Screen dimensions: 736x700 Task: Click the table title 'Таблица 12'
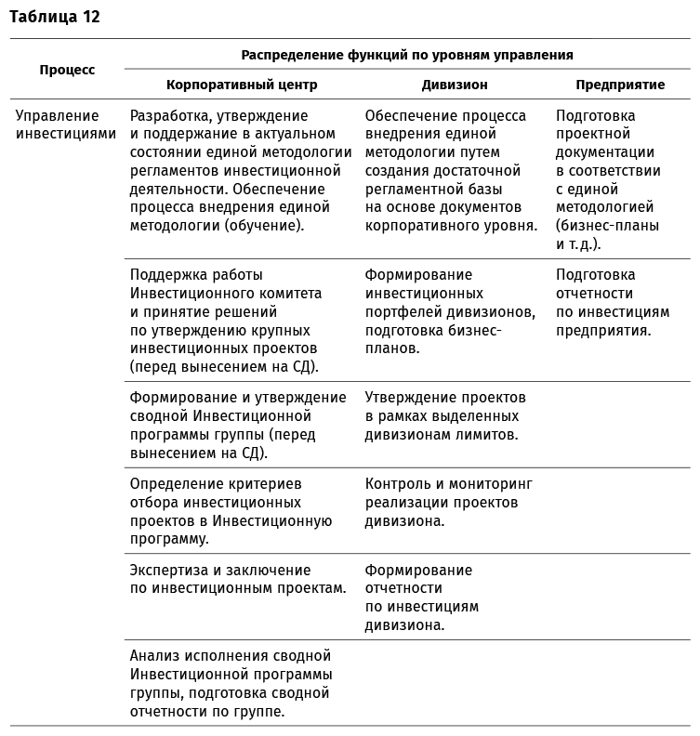(x=55, y=16)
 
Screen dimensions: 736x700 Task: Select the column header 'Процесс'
(x=67, y=70)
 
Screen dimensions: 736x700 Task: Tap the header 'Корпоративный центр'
(x=242, y=85)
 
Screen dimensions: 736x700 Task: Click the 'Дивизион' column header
(x=455, y=85)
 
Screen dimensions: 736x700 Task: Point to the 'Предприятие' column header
(x=620, y=85)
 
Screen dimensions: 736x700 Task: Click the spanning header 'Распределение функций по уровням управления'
(x=407, y=55)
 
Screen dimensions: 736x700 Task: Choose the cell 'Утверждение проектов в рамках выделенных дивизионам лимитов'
(x=445, y=416)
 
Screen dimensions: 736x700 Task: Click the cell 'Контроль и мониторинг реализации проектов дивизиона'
(x=449, y=503)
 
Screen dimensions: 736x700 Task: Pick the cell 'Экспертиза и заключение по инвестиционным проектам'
(x=238, y=579)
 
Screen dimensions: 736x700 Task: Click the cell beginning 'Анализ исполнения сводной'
(x=231, y=683)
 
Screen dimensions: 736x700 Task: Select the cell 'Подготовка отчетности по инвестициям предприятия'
(x=612, y=302)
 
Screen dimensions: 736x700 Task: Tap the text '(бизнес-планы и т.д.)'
(x=607, y=235)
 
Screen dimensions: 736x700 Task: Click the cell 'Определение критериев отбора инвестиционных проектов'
(x=231, y=511)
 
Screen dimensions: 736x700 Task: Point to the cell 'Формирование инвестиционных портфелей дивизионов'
(x=449, y=311)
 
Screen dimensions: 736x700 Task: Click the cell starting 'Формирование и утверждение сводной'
(x=238, y=426)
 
